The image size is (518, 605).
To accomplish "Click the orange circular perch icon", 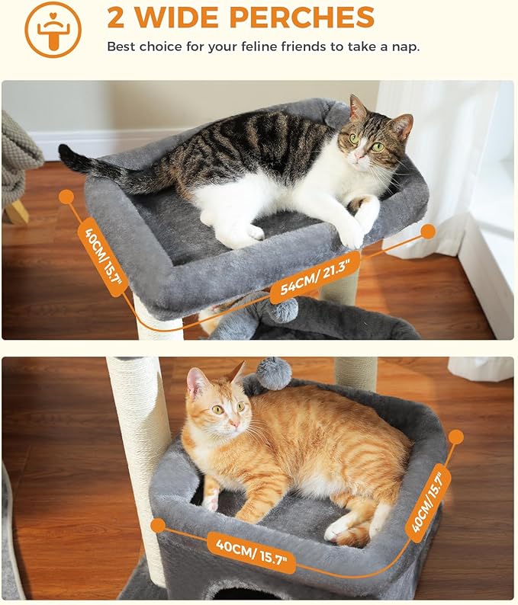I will [x=53, y=30].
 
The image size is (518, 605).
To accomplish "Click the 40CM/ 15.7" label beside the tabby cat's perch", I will [x=102, y=256].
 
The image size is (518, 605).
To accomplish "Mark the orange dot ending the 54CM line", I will [x=428, y=231].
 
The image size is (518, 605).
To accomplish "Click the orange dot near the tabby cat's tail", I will [x=66, y=197].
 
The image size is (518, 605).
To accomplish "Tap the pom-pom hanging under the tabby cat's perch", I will [x=283, y=309].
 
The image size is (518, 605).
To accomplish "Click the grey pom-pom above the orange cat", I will [x=273, y=373].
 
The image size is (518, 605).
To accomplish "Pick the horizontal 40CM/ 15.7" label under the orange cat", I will [x=251, y=552].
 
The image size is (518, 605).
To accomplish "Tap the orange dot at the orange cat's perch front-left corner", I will [x=158, y=525].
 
